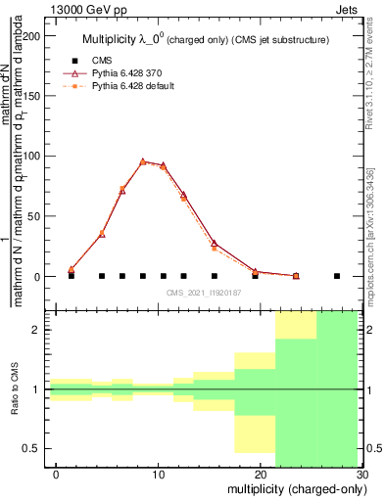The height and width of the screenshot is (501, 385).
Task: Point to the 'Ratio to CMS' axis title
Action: [x=15, y=390]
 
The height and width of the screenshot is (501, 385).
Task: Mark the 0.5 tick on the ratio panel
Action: [x=34, y=448]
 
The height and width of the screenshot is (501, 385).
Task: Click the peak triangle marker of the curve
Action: [x=142, y=161]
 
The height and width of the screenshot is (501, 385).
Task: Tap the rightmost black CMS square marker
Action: [x=336, y=276]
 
